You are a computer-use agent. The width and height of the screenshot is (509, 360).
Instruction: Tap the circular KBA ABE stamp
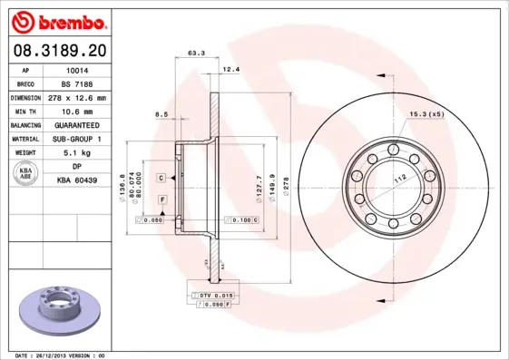point(25,174)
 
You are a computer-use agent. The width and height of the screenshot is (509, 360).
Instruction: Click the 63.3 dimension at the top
point(195,53)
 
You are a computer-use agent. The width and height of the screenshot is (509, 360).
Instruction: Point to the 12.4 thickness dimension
point(231,69)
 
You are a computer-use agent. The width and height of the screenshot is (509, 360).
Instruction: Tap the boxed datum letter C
point(160,178)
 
